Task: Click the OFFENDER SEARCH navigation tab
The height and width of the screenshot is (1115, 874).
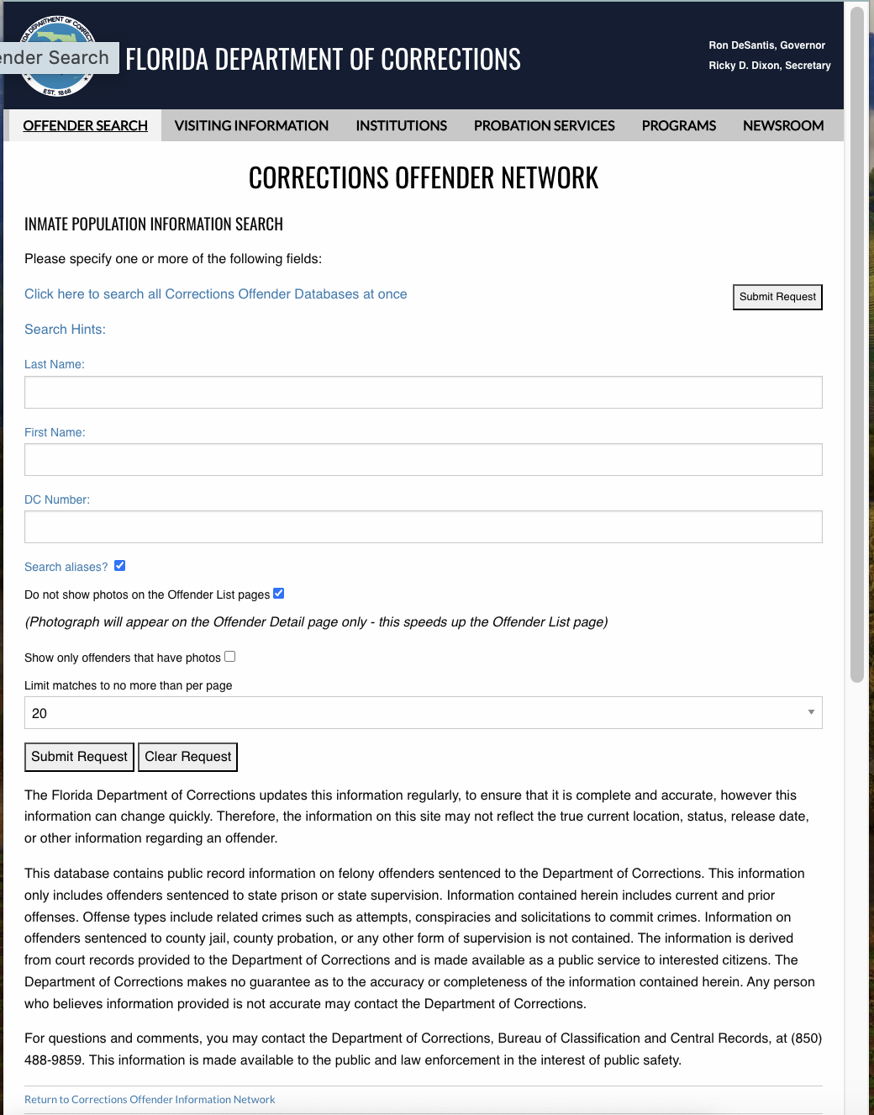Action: point(85,125)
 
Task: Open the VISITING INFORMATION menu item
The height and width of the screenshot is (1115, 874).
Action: point(251,125)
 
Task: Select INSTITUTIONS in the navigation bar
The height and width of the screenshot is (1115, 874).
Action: point(401,125)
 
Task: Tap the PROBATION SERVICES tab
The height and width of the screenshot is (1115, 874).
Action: point(544,125)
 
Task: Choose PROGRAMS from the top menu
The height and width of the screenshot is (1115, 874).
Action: point(678,125)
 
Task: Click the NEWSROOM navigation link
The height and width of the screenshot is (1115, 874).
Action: point(782,125)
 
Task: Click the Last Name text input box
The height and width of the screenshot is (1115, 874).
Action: point(423,392)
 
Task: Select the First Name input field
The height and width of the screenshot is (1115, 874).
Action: point(423,459)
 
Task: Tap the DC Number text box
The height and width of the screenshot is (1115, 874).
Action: point(423,526)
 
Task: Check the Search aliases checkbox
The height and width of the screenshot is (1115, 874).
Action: point(119,566)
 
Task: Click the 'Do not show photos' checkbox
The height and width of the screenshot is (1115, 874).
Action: point(279,594)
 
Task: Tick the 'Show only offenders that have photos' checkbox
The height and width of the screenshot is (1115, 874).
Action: point(230,657)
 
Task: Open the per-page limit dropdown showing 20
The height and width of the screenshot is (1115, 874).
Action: point(423,713)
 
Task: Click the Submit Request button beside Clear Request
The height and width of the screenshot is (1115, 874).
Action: point(79,757)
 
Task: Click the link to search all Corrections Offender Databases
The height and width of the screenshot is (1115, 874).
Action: point(215,294)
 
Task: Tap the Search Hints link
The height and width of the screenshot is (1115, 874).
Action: point(65,330)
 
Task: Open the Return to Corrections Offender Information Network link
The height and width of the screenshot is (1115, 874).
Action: point(150,1100)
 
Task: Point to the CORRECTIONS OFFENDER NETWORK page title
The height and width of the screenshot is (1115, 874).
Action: point(423,178)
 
